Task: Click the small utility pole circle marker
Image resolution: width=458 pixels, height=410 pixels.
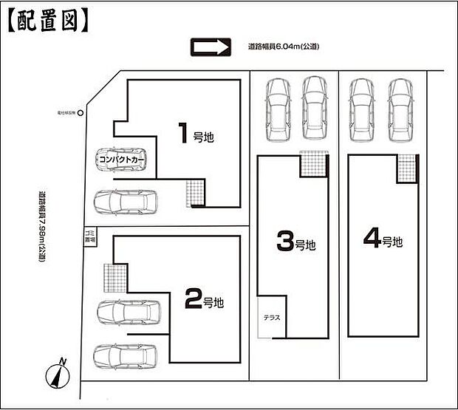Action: tap(81, 113)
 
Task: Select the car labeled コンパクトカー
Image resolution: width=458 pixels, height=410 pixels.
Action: tap(121, 159)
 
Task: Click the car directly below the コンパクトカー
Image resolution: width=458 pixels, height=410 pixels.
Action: tap(126, 200)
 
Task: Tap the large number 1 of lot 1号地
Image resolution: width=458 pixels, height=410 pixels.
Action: tap(182, 133)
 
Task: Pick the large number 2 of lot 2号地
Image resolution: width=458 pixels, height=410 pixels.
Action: tap(191, 299)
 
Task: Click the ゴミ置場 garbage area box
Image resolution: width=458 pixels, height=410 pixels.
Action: tap(89, 237)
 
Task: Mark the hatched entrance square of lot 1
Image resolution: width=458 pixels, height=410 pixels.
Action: tap(194, 194)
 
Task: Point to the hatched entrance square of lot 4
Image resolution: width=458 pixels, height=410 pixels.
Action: tap(406, 168)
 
